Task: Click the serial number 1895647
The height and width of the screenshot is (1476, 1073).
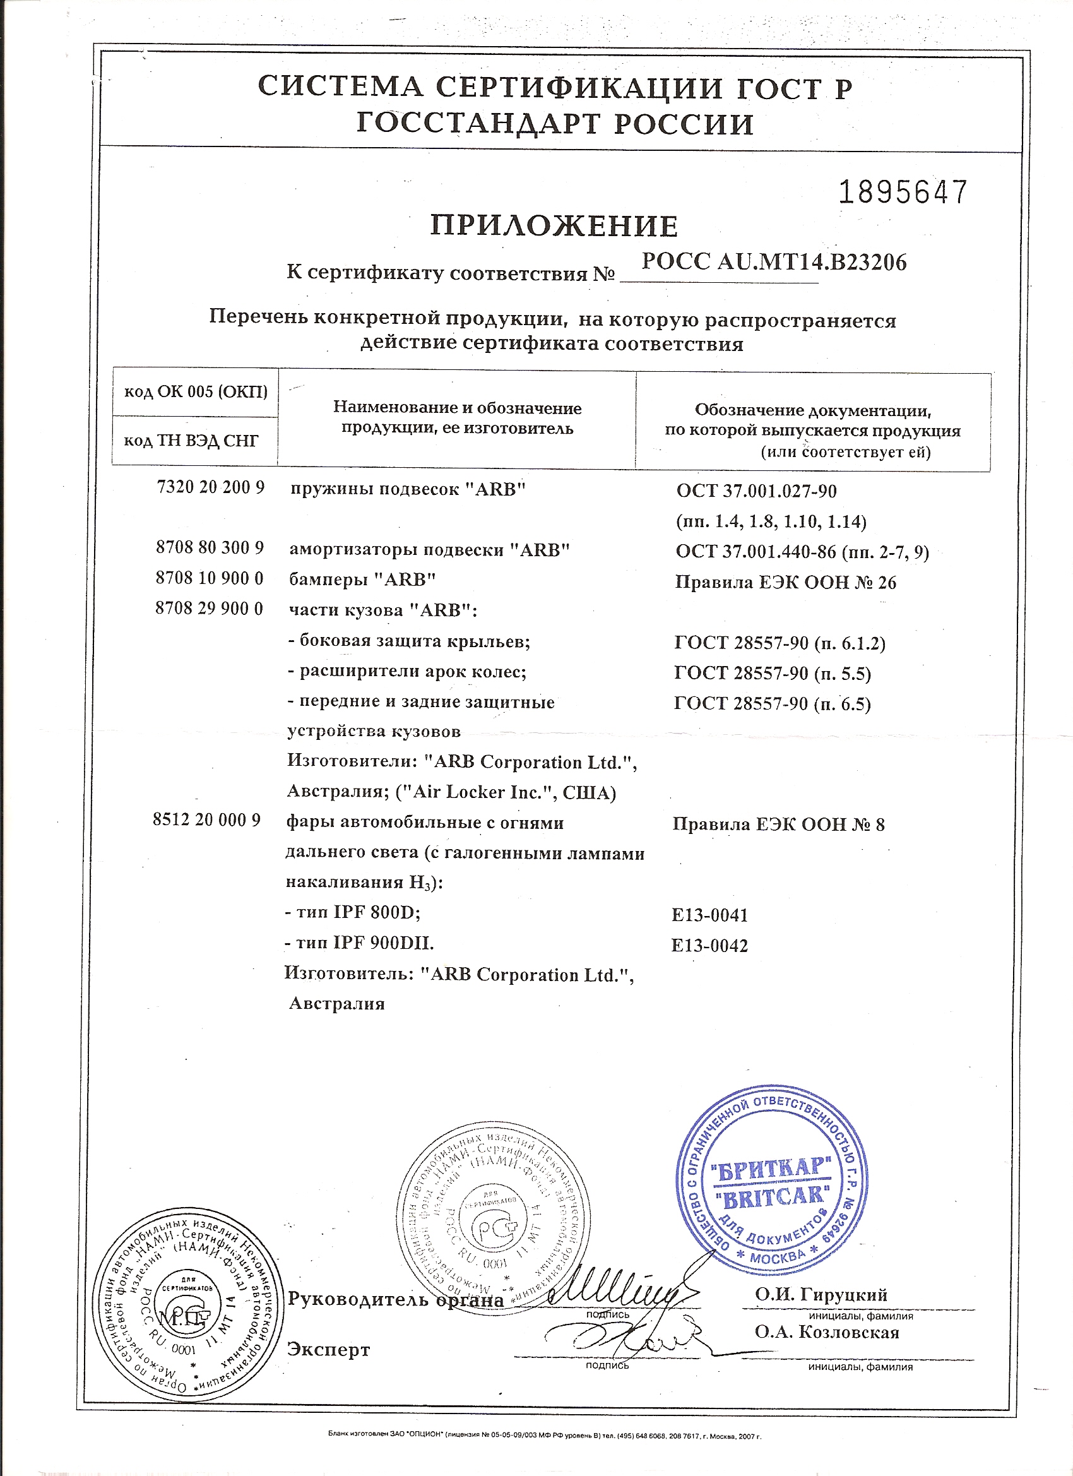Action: [903, 193]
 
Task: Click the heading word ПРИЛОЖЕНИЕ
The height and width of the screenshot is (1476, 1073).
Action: [554, 227]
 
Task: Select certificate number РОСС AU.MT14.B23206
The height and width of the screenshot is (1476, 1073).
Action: [774, 262]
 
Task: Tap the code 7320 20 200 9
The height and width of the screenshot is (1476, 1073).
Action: [211, 487]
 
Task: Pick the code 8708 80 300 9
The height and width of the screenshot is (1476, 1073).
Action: [210, 547]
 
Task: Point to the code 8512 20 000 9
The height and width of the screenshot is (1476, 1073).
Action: [207, 820]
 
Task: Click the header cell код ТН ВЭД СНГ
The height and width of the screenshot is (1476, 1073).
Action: [191, 441]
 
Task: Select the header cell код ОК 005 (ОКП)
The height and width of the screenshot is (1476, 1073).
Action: [195, 391]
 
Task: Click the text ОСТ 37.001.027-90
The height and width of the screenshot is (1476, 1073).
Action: [756, 491]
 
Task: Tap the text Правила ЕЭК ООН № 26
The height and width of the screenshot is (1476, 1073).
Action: [785, 583]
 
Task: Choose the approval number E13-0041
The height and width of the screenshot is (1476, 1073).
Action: [709, 915]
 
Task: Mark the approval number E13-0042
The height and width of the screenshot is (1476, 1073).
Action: [709, 946]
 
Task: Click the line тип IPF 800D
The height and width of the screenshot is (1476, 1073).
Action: [353, 912]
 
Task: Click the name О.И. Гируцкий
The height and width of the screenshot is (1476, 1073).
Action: [821, 1295]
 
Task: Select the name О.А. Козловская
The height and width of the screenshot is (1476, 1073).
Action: [826, 1332]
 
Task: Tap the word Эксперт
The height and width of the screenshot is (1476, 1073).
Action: [329, 1350]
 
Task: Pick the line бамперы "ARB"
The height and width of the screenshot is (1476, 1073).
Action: [362, 578]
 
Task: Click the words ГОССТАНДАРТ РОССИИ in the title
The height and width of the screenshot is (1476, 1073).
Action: [554, 124]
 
